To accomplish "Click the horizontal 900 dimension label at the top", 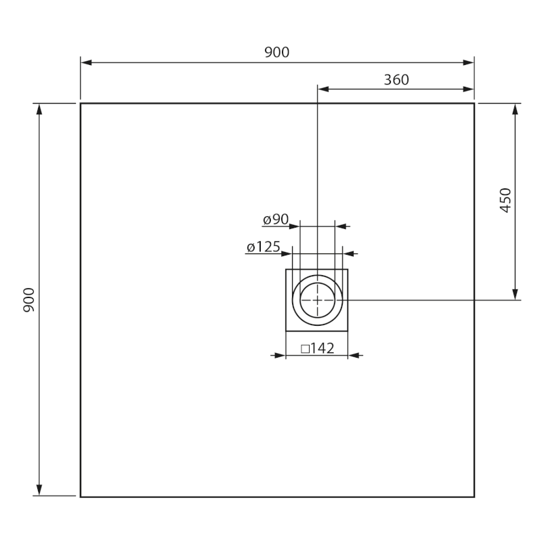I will (x=277, y=52).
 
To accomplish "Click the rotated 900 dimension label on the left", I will (x=29, y=299).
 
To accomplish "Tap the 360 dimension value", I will (x=396, y=79).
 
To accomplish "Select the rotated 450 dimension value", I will (x=505, y=201).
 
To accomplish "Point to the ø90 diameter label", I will (x=276, y=220).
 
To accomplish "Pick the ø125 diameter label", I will (x=264, y=247).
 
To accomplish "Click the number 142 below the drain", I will (x=322, y=348).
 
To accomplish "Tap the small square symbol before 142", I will (x=305, y=349).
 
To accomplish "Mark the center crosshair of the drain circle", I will (x=317, y=299).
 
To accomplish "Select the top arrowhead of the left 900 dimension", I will (x=39, y=108).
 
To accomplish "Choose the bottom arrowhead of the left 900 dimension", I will (x=39, y=491).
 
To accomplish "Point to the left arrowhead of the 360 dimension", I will (x=322, y=89).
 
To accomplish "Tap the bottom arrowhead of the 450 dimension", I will (x=516, y=294).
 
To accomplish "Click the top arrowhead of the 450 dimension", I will (x=516, y=108).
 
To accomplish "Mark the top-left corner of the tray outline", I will (x=81, y=104).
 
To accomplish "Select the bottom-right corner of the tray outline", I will (x=474, y=497).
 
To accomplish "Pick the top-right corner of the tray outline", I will (x=474, y=104).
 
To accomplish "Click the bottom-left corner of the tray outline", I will (x=81, y=497).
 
